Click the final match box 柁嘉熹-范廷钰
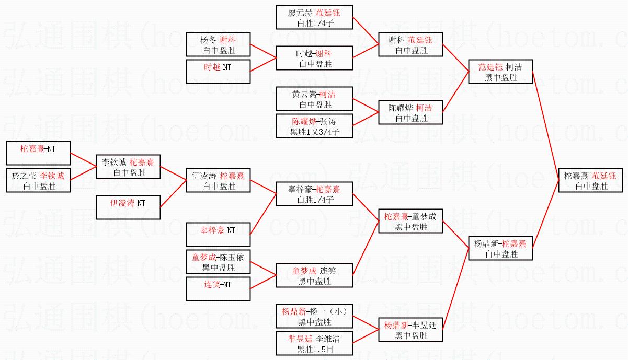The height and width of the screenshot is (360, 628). click(590, 180)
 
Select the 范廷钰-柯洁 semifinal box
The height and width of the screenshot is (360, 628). click(500, 72)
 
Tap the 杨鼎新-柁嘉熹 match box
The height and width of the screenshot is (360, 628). click(500, 248)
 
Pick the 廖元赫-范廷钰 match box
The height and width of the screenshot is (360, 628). click(315, 17)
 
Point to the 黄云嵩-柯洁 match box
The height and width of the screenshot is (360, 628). click(315, 99)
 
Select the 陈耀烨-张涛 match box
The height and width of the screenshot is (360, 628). click(315, 126)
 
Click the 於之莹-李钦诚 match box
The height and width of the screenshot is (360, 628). click(39, 180)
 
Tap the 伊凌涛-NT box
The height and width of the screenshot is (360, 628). click(128, 207)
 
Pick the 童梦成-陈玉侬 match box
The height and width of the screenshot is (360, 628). click(219, 262)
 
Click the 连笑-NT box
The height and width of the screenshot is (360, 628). click(219, 289)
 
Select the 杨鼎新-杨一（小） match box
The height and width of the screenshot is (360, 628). click(315, 316)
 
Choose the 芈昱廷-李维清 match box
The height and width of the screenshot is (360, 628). click(315, 343)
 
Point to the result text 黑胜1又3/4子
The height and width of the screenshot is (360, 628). click(315, 132)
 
